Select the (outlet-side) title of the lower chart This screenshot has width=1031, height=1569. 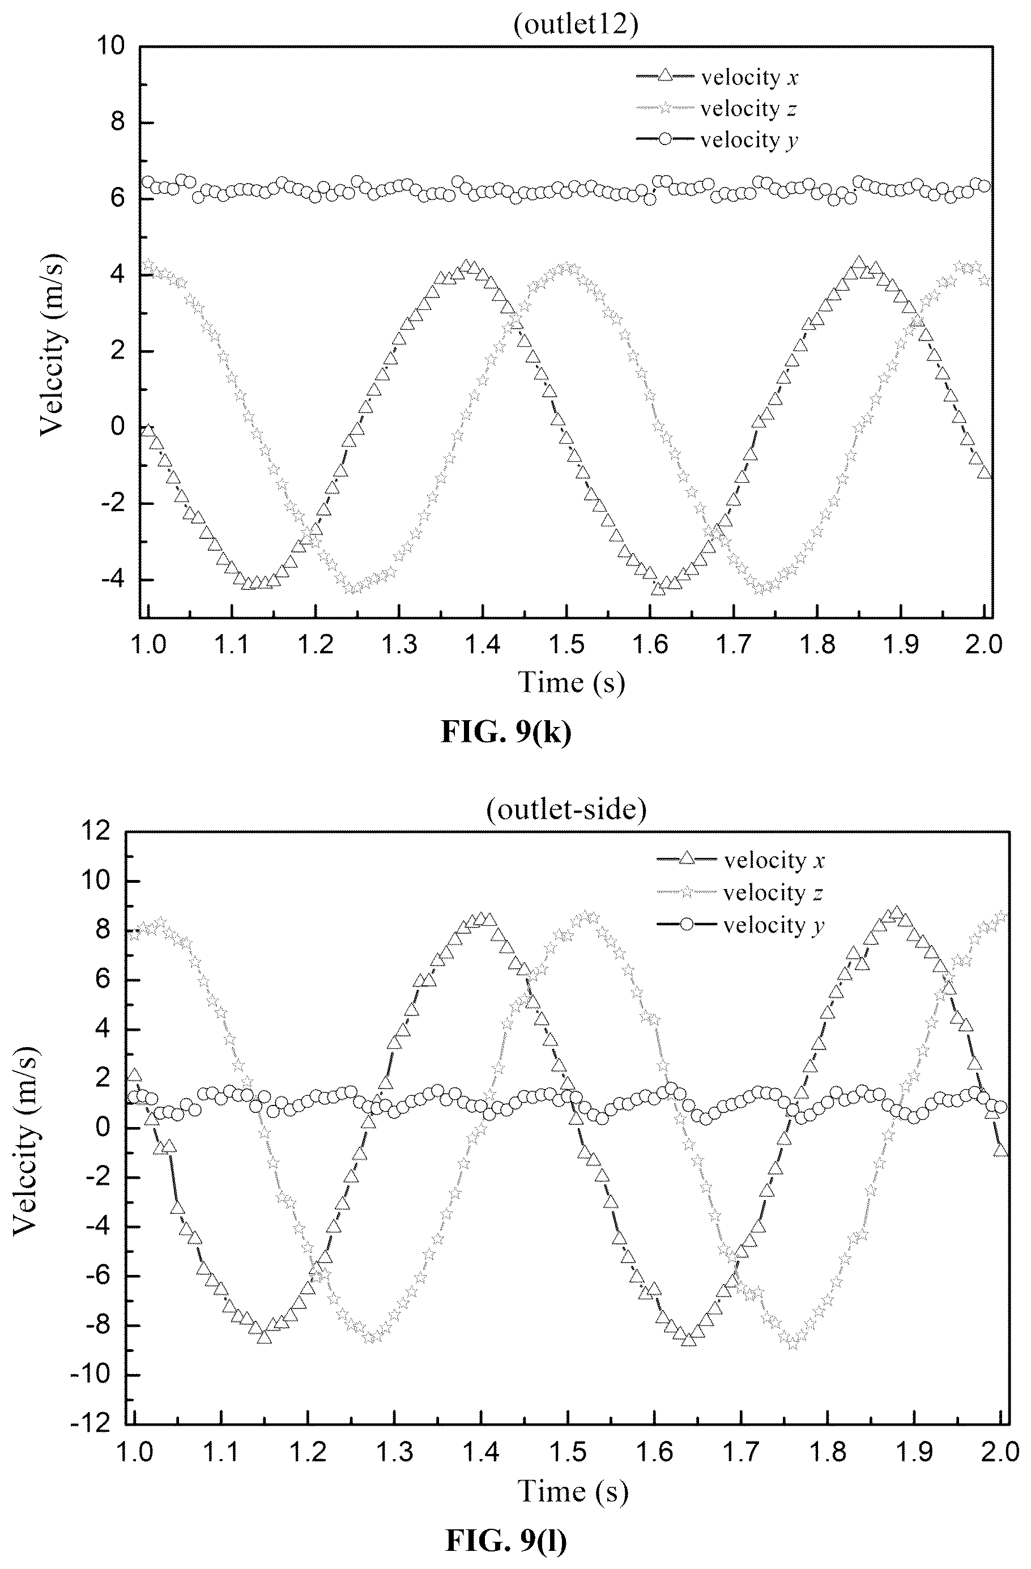tap(566, 809)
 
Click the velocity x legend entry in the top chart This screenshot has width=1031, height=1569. tap(717, 77)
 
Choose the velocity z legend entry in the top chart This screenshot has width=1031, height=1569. tap(717, 108)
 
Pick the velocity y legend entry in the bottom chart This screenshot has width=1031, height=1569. tap(741, 925)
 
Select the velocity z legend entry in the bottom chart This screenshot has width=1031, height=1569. tap(740, 892)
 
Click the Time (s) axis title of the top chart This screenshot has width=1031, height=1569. tap(571, 682)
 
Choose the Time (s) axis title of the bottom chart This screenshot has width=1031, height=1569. tap(573, 1491)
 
